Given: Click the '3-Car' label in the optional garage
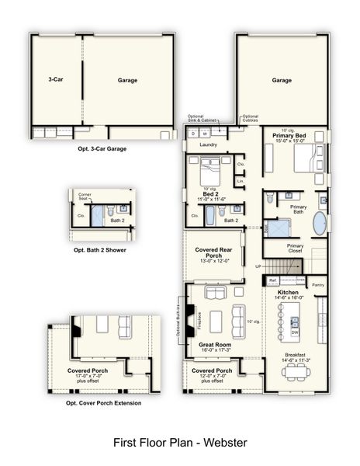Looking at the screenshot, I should [54, 79].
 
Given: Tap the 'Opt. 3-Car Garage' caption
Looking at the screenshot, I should [102, 148].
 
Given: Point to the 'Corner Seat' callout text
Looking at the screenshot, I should [85, 196].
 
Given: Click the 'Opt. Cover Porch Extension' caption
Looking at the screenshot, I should [104, 403].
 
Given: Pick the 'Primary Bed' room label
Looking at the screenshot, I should [289, 136].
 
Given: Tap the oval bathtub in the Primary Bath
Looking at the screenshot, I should [320, 224].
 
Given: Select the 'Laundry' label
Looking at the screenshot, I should [209, 144].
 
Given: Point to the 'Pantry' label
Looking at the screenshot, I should [318, 285].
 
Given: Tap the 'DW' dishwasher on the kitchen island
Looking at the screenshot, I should [295, 332].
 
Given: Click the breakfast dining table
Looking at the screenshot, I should [296, 371].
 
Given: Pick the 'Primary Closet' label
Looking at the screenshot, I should [295, 249].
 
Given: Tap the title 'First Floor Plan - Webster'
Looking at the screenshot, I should [180, 443].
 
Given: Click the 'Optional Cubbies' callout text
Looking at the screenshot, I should [250, 118].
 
